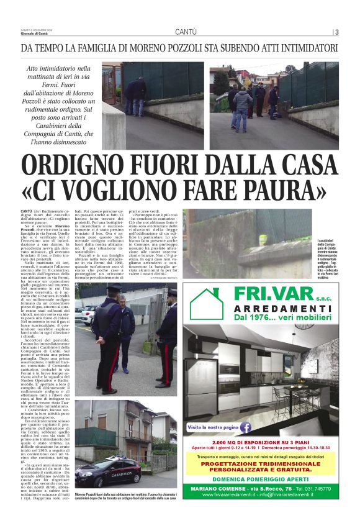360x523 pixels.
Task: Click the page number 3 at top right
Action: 336,33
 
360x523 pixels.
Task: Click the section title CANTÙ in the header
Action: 186,32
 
